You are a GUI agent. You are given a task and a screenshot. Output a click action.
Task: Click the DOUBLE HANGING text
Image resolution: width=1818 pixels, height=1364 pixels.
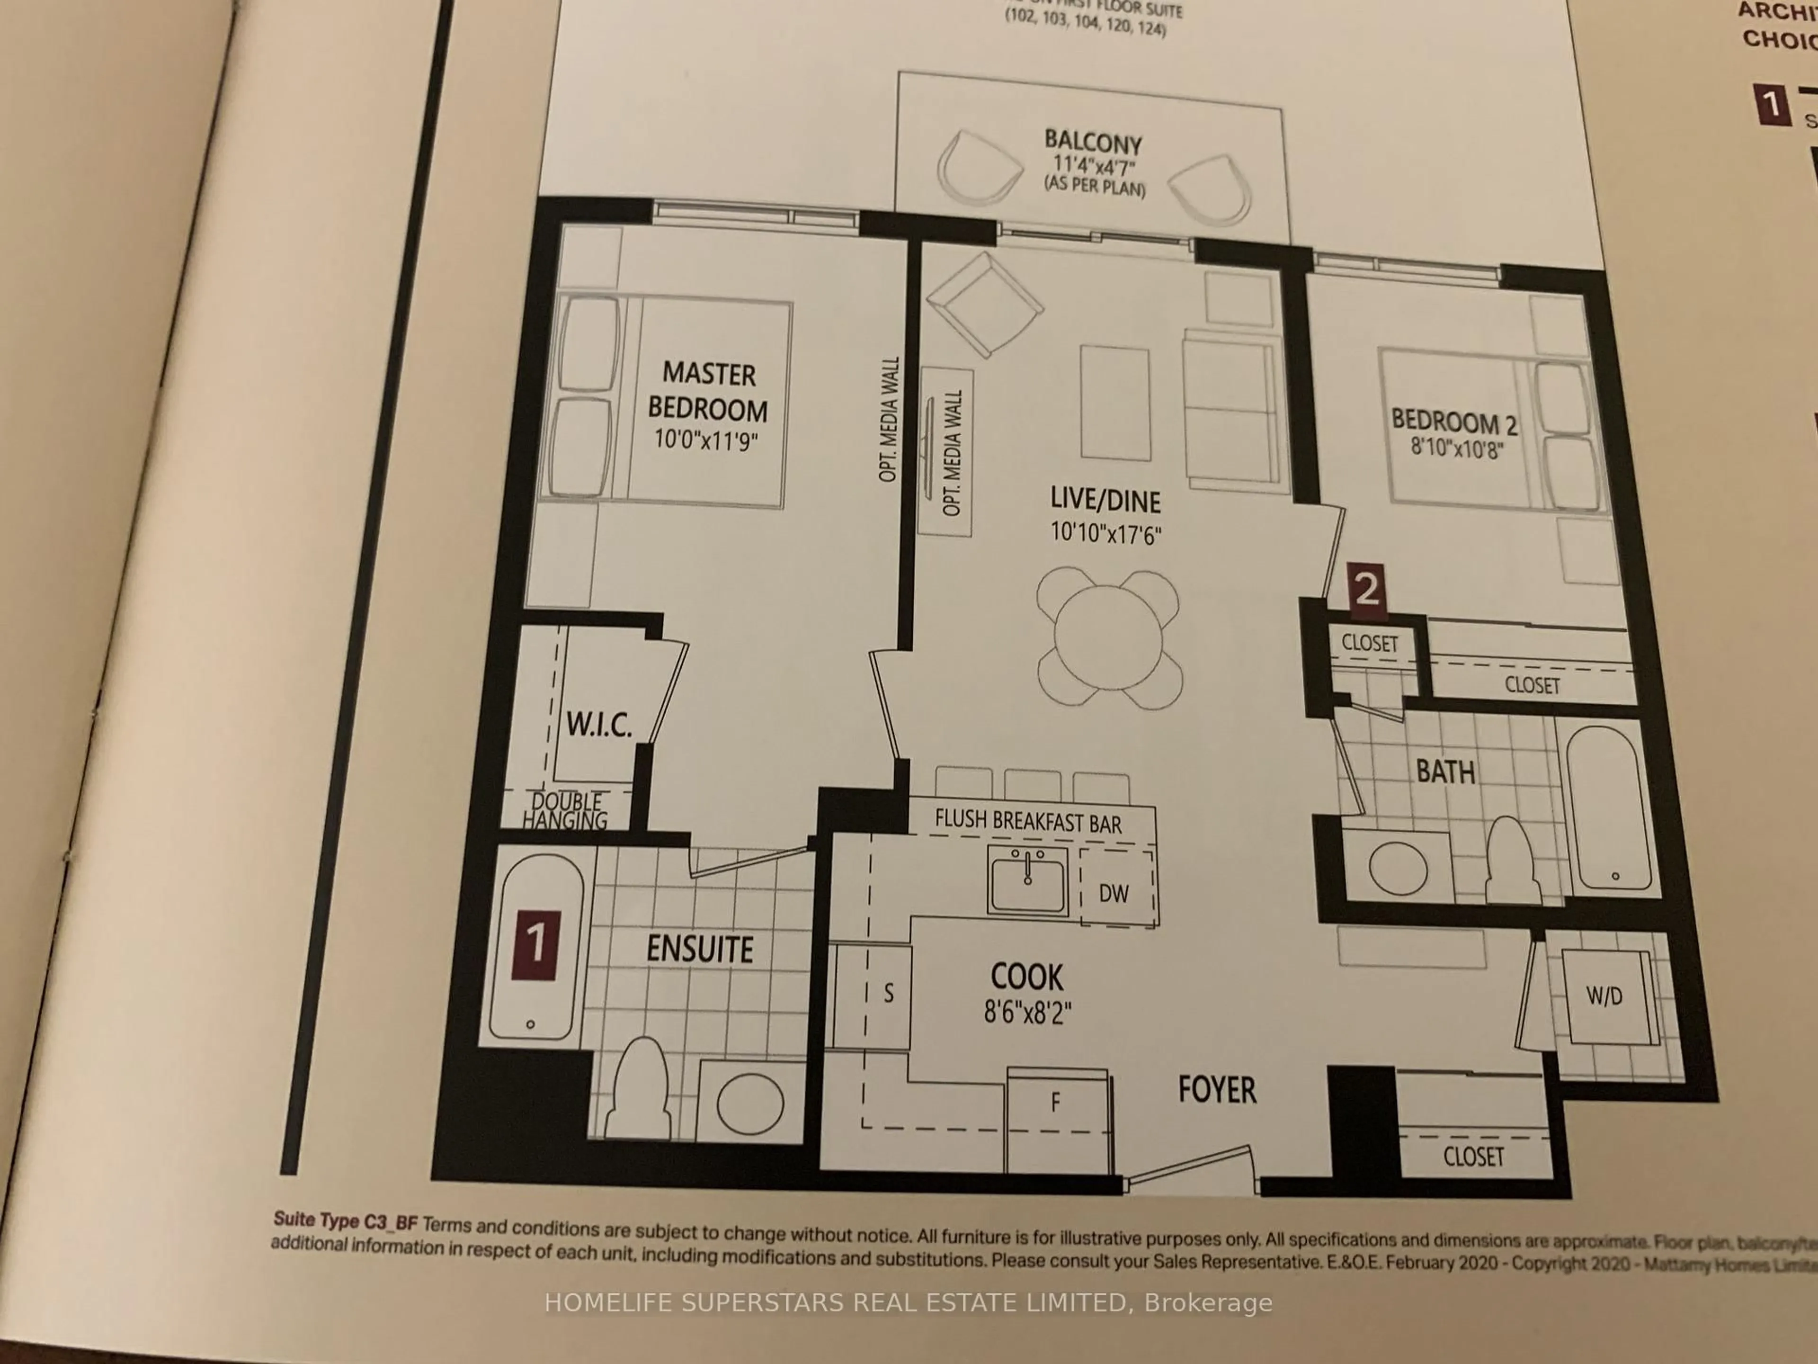pyautogui.click(x=565, y=811)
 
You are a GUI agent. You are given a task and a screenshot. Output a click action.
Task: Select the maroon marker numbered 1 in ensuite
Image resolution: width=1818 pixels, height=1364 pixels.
pyautogui.click(x=535, y=945)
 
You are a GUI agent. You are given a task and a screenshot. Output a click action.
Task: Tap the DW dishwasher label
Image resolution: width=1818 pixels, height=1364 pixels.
pyautogui.click(x=1114, y=893)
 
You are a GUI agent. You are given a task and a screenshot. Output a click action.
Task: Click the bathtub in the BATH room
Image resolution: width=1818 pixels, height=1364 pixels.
pyautogui.click(x=1608, y=807)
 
